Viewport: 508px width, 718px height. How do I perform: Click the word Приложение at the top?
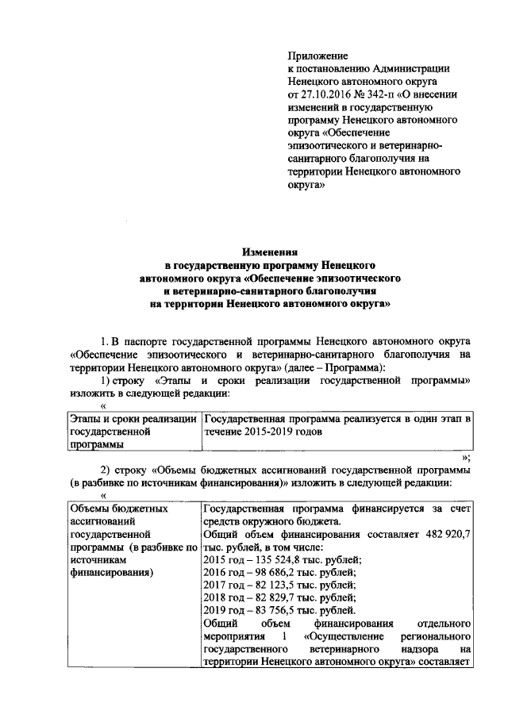(317, 56)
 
